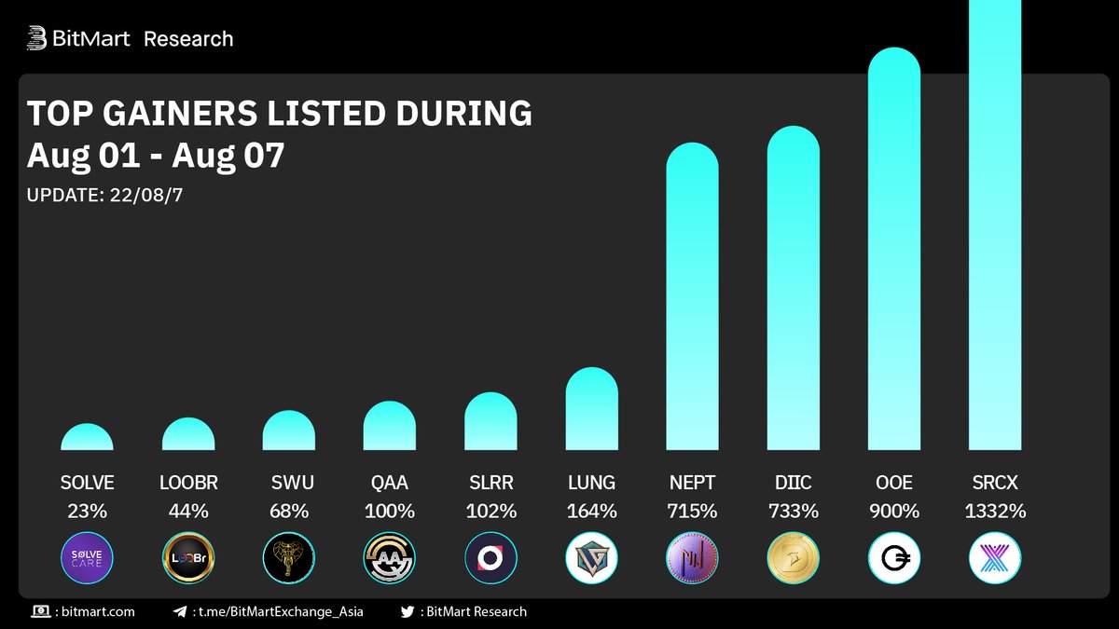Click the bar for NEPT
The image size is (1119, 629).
pyautogui.click(x=692, y=298)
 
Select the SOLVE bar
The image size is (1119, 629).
pyautogui.click(x=87, y=438)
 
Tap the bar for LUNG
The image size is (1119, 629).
pyautogui.click(x=591, y=410)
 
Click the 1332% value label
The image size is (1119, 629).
pyautogui.click(x=994, y=511)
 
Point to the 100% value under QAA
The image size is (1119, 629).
pyautogui.click(x=389, y=511)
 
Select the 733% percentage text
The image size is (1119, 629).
pyautogui.click(x=793, y=511)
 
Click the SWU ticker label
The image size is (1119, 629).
pyautogui.click(x=288, y=483)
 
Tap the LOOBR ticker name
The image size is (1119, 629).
pyautogui.click(x=187, y=483)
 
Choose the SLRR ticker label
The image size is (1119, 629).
pyautogui.click(x=490, y=483)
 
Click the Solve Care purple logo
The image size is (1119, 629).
pyautogui.click(x=87, y=558)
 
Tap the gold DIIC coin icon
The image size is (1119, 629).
pyautogui.click(x=793, y=558)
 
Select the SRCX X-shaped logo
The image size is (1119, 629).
pyautogui.click(x=994, y=558)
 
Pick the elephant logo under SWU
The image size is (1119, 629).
pyautogui.click(x=288, y=558)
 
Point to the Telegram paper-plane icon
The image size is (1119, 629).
pyautogui.click(x=180, y=612)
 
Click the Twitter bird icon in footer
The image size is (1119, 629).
pyautogui.click(x=407, y=612)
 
